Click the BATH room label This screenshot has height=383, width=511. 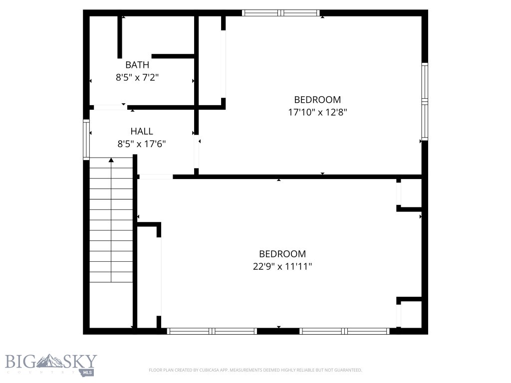click(x=137, y=65)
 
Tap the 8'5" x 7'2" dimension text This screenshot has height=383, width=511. click(x=137, y=77)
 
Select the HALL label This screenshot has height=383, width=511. click(x=142, y=131)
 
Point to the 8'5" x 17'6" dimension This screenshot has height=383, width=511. click(x=142, y=144)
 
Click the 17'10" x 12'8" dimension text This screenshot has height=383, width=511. click(x=317, y=112)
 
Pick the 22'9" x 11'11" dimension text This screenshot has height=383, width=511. click(x=282, y=266)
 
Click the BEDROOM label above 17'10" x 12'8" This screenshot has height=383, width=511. click(x=317, y=100)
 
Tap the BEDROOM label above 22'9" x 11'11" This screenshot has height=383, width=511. click(x=282, y=254)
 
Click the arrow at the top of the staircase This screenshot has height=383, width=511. click(x=111, y=160)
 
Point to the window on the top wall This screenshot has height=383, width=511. click(x=280, y=13)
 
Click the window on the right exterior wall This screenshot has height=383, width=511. click(x=425, y=101)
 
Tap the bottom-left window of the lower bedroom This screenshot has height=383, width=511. click(x=212, y=331)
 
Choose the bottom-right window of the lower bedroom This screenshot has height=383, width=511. click(x=344, y=331)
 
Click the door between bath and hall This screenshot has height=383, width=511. click(x=111, y=107)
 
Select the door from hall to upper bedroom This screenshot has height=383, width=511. click(x=197, y=152)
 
